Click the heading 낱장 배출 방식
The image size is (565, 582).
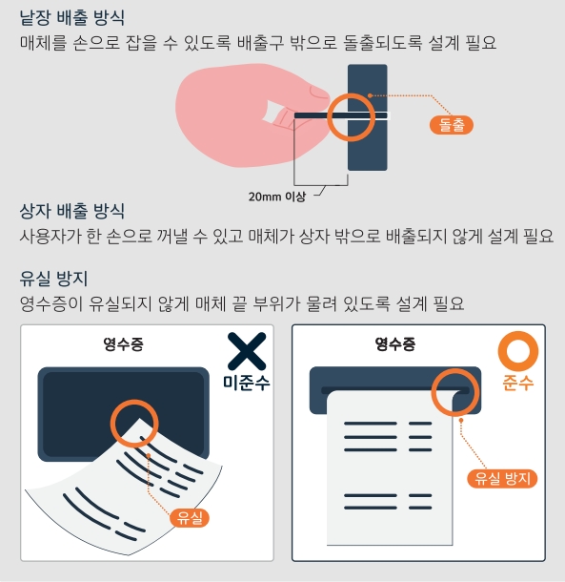pyautogui.click(x=72, y=18)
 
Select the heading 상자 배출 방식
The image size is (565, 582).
pyautogui.click(x=72, y=210)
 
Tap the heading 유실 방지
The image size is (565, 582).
pyautogui.click(x=54, y=279)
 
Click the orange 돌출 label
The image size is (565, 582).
pyautogui.click(x=452, y=123)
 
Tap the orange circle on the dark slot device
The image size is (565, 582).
pyautogui.click(x=351, y=116)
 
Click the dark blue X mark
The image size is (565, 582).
pyautogui.click(x=246, y=351)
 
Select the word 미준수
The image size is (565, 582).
pyautogui.click(x=246, y=383)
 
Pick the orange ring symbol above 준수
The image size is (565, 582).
pyautogui.click(x=518, y=351)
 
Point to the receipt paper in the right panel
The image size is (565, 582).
pyautogui.click(x=391, y=477)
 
